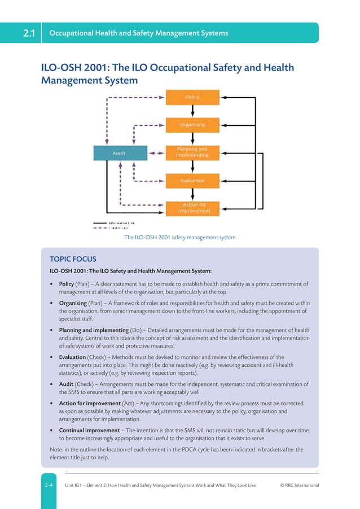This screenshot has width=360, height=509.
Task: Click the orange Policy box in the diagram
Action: click(x=192, y=97)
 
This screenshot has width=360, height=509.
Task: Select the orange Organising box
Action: click(x=192, y=124)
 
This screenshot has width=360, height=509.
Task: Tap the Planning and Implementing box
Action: click(x=192, y=152)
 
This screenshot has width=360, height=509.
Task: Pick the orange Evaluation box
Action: click(x=192, y=181)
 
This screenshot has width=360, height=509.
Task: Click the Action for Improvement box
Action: click(x=194, y=208)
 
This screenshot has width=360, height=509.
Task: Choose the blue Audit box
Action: click(x=118, y=152)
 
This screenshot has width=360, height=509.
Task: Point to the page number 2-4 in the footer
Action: click(x=50, y=485)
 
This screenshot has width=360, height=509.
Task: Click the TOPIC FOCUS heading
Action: click(x=73, y=260)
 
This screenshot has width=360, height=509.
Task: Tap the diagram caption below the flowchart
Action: click(x=179, y=238)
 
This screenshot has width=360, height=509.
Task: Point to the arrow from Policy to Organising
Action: click(x=193, y=111)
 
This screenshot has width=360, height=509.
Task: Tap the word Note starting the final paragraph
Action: click(x=56, y=450)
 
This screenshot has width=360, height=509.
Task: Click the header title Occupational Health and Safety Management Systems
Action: click(x=139, y=33)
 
